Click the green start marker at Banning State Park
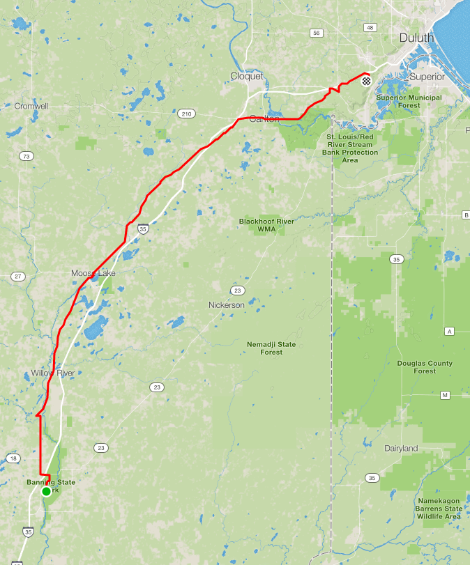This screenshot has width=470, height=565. pos(46,491)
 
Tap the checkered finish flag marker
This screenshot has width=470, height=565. pos(366,81)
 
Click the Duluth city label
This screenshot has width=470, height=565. pos(416,38)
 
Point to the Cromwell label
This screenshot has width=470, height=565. pos(31,106)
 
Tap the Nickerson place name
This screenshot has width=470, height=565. pos(226,305)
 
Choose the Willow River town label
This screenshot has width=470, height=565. pos(52,373)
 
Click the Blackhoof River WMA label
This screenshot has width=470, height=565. pos(266,224)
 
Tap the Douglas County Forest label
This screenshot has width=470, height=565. pos(425,367)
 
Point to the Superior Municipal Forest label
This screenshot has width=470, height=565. pos(409,101)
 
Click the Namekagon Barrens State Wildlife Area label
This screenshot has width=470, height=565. pos(439,509)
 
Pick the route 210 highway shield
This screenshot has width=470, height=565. pos(185,114)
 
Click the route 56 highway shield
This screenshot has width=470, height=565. pos(317,33)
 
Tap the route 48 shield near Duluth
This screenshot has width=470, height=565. pos(370,28)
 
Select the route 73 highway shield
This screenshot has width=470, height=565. pos(26,156)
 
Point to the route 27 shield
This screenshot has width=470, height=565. pos(18,277)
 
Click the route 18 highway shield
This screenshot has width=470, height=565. pos(13,458)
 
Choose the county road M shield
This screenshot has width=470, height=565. pos(445,395)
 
